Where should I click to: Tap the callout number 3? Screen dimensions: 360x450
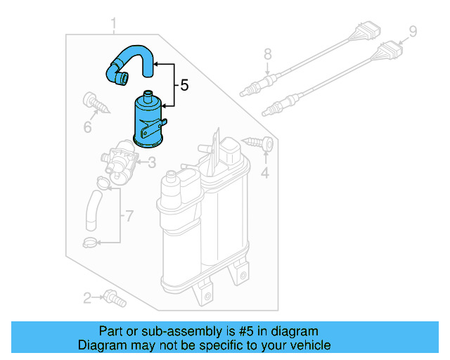[151, 163]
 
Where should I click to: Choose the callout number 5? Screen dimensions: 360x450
[184, 86]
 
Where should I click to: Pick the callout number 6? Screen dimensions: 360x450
[88, 127]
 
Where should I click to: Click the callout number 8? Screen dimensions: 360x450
[267, 53]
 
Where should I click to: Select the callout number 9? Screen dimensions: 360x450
[413, 31]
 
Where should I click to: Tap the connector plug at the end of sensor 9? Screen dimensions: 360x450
[390, 51]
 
